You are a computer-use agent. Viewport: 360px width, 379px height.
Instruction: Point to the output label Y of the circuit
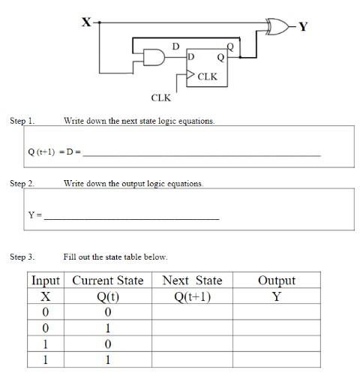tap(303, 27)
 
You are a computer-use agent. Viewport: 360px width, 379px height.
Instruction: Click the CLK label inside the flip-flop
tap(208, 77)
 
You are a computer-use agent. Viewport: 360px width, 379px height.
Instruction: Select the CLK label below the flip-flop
tap(160, 98)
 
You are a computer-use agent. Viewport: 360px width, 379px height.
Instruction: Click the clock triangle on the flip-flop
tap(191, 76)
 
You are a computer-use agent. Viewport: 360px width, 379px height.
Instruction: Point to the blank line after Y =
tap(131, 217)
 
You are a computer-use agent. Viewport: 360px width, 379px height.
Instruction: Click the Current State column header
tap(108, 281)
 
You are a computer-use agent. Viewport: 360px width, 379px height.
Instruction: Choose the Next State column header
tap(192, 281)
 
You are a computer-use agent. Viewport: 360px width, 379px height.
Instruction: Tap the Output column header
tap(276, 281)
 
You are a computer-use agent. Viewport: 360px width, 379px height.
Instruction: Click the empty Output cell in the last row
tap(276, 359)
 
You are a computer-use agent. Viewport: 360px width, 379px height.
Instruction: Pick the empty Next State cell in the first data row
tap(192, 311)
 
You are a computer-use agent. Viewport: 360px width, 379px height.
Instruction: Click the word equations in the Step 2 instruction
tap(184, 183)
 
